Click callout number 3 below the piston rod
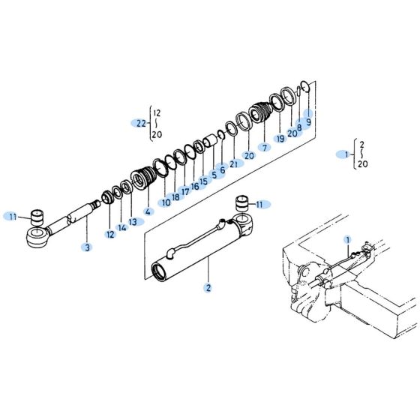coord(87,247)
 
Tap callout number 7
coord(263,147)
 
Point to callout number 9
coord(307,121)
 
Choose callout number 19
coord(280,139)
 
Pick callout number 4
coord(148,211)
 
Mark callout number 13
coord(133,222)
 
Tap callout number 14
coord(121,228)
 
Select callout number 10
coord(165,202)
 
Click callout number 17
coord(184,191)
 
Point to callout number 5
coord(213,175)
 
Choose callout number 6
coord(222,169)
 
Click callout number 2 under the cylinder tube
coord(208,286)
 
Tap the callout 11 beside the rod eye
coord(13,216)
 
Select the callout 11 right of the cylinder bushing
coord(259,204)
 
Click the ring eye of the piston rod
coord(35,239)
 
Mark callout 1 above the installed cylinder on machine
coord(347,239)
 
